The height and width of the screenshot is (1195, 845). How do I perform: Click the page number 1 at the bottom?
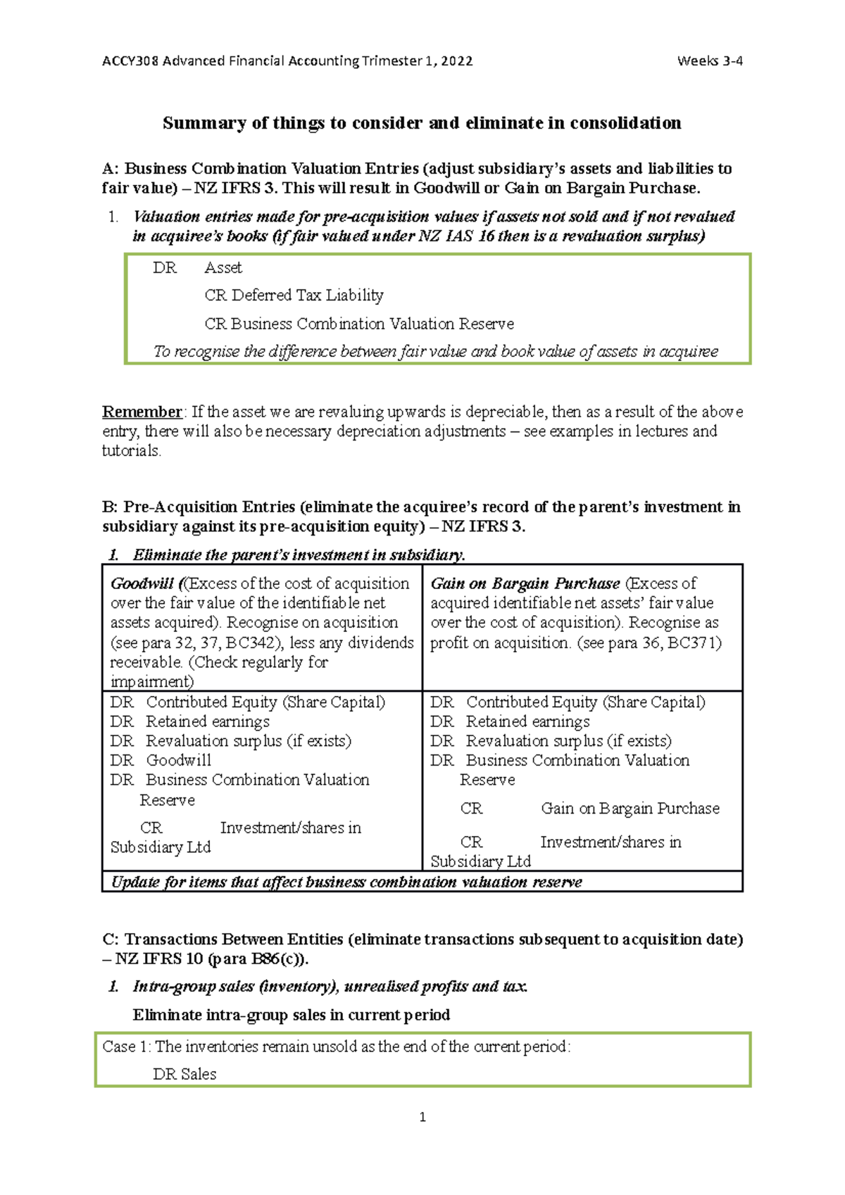pyautogui.click(x=423, y=1117)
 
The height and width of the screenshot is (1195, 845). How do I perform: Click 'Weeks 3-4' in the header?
pyautogui.click(x=709, y=61)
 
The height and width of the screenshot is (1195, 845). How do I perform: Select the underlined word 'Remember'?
pyautogui.click(x=142, y=412)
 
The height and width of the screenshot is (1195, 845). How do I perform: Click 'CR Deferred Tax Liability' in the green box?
pyautogui.click(x=294, y=296)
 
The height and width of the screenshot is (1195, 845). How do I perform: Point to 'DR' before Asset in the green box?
pyautogui.click(x=165, y=268)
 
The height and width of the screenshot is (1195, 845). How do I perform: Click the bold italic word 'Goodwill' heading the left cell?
pyautogui.click(x=142, y=583)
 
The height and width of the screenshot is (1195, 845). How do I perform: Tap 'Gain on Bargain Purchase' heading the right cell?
pyautogui.click(x=525, y=583)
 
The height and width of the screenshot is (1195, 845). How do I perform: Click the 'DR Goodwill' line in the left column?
pyautogui.click(x=161, y=761)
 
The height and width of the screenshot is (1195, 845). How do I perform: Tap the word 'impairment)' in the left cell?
pyautogui.click(x=151, y=682)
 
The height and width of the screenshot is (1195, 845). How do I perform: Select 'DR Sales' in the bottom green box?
pyautogui.click(x=184, y=1075)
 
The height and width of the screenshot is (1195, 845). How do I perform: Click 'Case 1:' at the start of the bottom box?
pyautogui.click(x=127, y=1047)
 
